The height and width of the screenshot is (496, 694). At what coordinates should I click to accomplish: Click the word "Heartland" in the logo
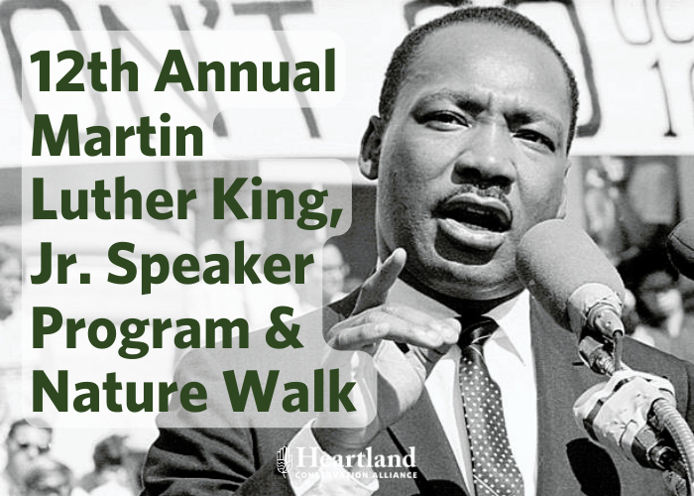[x=354, y=458]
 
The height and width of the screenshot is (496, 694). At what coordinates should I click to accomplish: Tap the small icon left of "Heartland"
[x=283, y=461]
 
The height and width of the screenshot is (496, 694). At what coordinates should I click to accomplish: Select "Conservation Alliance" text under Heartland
[x=354, y=474]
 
